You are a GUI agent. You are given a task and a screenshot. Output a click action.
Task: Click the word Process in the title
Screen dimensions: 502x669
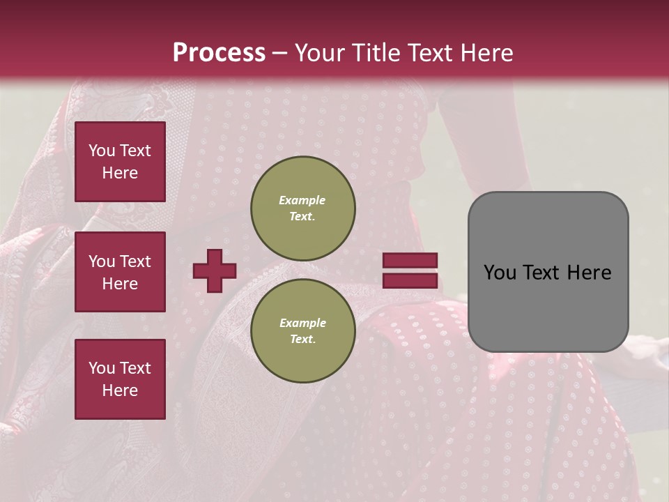(219, 53)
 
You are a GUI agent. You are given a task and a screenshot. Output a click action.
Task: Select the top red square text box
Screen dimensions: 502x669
(120, 162)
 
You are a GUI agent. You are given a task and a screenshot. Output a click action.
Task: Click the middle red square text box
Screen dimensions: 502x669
(120, 272)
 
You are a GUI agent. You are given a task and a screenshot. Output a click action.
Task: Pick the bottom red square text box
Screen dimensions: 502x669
(120, 379)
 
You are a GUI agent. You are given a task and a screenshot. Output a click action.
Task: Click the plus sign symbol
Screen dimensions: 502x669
(215, 271)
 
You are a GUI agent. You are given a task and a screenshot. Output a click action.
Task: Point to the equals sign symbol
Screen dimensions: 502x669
(410, 271)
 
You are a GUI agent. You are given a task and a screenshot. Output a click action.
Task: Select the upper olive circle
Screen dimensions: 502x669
(302, 208)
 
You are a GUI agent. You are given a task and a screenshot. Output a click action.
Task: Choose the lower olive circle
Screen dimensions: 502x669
(302, 330)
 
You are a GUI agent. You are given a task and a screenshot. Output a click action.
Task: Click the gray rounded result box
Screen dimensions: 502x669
(548, 272)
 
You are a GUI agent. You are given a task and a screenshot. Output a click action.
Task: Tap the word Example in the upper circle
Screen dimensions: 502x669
(302, 200)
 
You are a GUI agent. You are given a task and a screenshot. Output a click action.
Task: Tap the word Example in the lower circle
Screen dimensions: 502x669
(302, 323)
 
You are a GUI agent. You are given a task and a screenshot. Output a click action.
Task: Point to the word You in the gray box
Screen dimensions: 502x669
(500, 273)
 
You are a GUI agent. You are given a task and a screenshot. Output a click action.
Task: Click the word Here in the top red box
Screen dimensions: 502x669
(120, 173)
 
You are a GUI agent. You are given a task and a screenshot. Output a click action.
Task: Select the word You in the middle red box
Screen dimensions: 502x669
(102, 261)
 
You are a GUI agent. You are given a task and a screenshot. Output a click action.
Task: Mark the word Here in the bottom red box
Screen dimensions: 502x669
(120, 390)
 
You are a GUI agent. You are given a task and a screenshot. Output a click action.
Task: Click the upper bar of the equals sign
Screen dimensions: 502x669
(410, 261)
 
